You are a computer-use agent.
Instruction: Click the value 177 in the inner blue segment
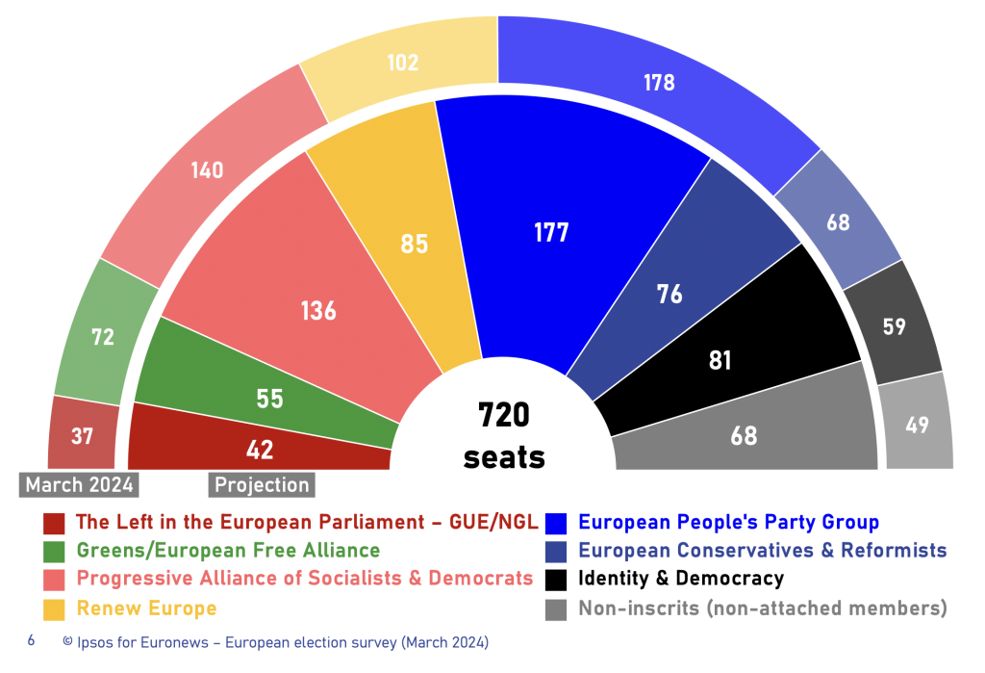552,232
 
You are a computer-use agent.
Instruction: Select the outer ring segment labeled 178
659,83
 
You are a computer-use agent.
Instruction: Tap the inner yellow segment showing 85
414,245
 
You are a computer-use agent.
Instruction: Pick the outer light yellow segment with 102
403,63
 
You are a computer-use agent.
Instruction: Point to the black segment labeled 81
720,360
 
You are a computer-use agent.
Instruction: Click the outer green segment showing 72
103,337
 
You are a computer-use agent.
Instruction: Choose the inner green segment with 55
269,398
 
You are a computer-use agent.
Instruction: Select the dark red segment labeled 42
260,449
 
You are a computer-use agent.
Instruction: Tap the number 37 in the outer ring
82,436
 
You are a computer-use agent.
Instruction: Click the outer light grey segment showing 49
917,425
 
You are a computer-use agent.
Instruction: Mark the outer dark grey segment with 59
894,326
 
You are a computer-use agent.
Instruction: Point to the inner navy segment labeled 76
669,294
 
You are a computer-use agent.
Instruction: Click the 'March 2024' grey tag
79,484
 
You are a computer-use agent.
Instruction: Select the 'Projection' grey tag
262,484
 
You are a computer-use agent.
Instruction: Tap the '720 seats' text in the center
504,436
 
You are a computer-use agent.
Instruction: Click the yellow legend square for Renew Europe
54,608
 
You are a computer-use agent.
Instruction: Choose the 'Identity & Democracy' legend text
680,579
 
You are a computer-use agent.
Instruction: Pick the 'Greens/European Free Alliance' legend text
228,551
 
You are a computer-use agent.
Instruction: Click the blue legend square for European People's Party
556,523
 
